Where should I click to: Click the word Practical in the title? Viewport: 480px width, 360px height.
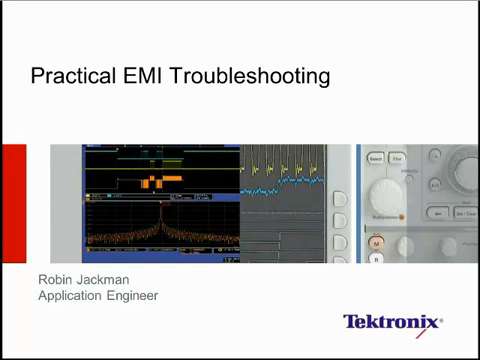coord(64,76)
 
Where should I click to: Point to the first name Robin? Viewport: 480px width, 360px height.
coord(57,279)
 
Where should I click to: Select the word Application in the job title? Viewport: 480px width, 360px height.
coord(75,295)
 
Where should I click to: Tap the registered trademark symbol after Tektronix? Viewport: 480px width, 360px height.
coord(441,317)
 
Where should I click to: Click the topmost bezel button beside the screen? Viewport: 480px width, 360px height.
coord(340,172)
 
